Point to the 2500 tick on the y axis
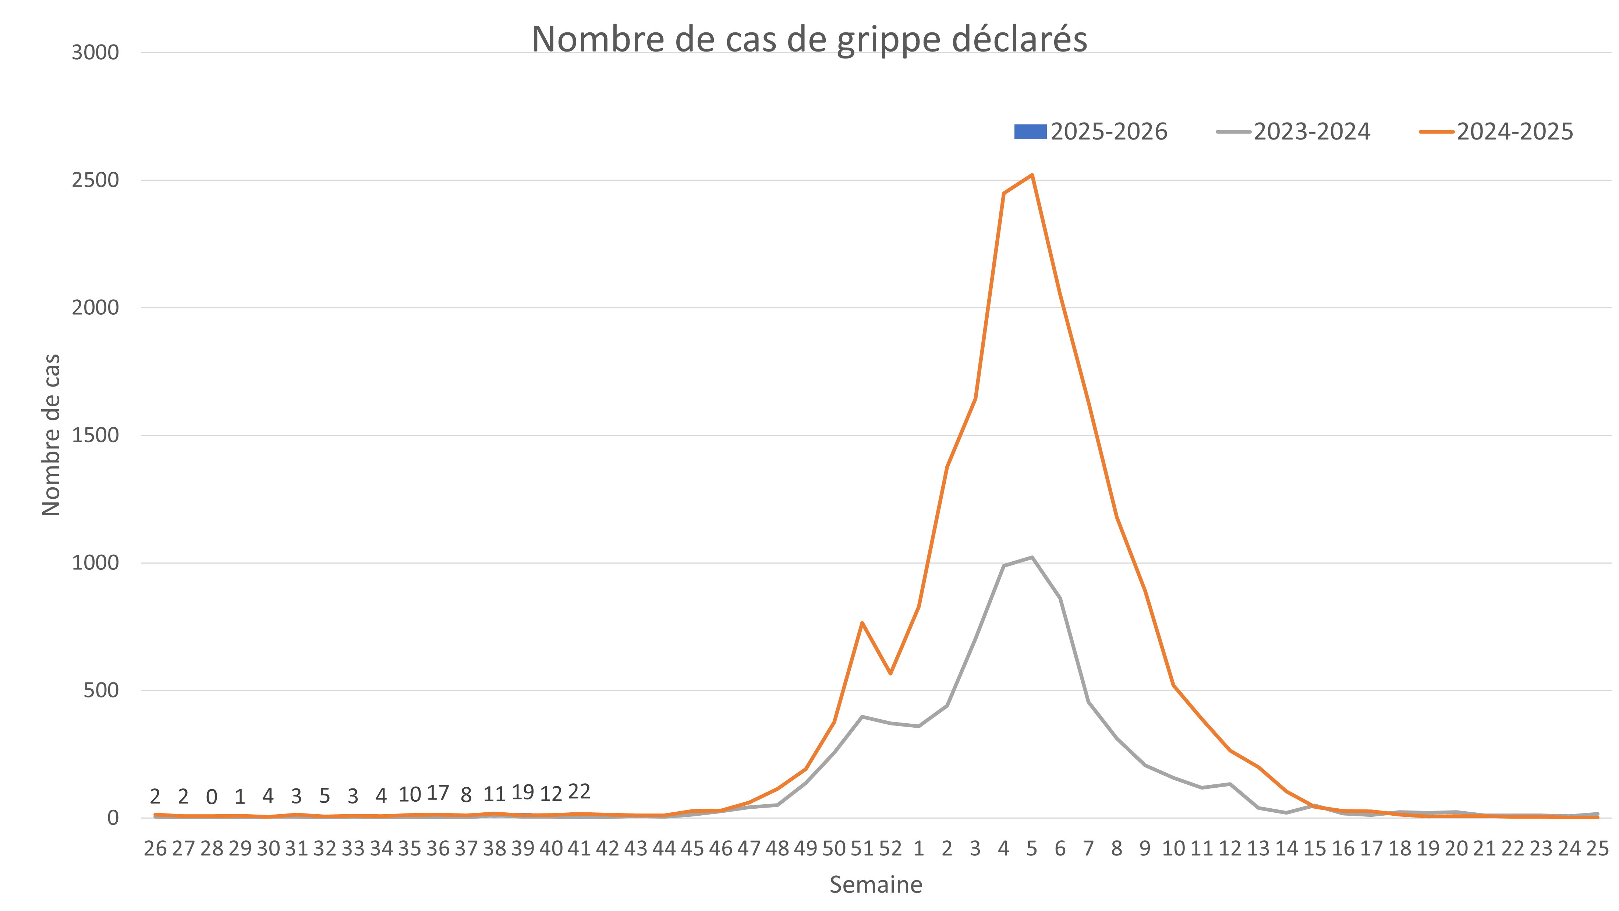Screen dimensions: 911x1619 click(96, 180)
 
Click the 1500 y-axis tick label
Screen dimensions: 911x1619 click(96, 435)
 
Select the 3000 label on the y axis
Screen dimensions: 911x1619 click(96, 52)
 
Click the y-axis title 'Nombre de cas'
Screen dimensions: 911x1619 click(51, 435)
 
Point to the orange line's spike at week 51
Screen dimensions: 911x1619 click(862, 622)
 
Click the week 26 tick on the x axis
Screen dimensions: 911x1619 click(155, 849)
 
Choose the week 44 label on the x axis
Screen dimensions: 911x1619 click(664, 849)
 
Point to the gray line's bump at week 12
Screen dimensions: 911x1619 click(1229, 783)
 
